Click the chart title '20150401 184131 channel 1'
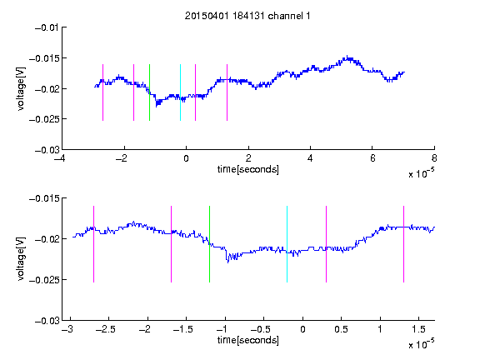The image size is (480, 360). tap(247, 16)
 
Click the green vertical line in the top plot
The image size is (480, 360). tap(149, 92)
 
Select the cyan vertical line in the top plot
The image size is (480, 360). tap(180, 92)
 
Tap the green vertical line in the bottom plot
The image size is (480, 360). tap(209, 244)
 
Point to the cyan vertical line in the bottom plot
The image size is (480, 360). tap(287, 244)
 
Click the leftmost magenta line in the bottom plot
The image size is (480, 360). tap(93, 244)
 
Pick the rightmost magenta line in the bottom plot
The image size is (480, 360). tap(403, 244)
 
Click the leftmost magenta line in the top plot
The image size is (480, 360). tap(102, 92)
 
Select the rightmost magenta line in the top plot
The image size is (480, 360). tap(227, 92)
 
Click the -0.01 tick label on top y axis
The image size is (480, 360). tap(47, 28)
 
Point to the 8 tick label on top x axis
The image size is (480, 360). tap(434, 158)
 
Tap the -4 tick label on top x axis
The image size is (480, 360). tap(60, 158)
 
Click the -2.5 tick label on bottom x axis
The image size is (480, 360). tap(105, 329)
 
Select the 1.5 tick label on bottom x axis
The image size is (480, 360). tap(418, 329)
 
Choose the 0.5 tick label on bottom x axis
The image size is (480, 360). tap(341, 329)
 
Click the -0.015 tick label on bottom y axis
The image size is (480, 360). tap(44, 198)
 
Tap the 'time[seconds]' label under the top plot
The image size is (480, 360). tap(248, 169)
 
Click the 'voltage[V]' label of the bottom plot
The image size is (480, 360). tap(21, 259)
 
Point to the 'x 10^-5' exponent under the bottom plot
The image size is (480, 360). tap(421, 344)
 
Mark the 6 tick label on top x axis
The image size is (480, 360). tap(372, 158)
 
